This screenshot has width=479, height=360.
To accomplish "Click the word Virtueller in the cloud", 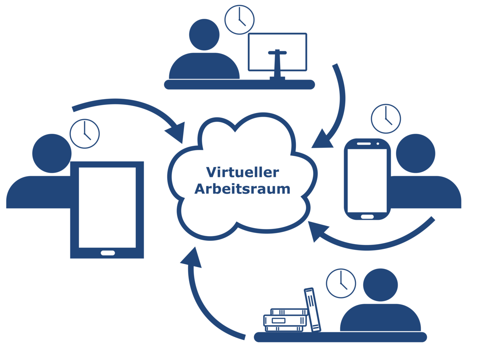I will [242, 173].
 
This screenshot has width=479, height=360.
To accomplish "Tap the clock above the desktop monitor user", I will [239, 19].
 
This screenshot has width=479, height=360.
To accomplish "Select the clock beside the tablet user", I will [85, 133].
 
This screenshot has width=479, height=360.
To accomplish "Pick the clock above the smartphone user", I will [386, 119].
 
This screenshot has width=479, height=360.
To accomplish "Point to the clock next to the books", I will [341, 283].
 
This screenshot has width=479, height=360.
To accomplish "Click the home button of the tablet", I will [107, 253].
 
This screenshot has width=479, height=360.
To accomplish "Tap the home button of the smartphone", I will [367, 217].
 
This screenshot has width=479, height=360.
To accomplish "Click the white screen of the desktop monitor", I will [277, 46].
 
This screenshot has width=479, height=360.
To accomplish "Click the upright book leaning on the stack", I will [313, 309].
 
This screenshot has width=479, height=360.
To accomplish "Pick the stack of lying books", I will [285, 320].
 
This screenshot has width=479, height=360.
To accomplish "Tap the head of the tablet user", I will [51, 153].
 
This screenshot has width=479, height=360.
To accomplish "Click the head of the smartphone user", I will [416, 153].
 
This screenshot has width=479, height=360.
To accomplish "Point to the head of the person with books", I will [380, 285].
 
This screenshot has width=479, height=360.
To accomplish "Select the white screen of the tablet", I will [107, 207].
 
